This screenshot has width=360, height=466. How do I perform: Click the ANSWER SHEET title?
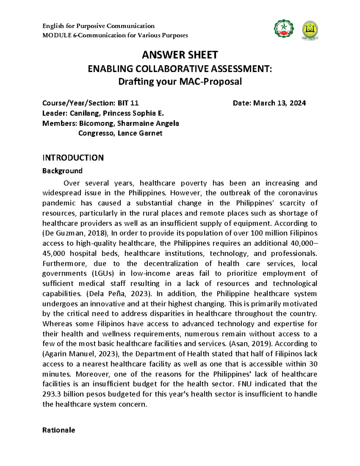pyautogui.click(x=180, y=55)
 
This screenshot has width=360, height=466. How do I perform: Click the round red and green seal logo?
pyautogui.click(x=284, y=29)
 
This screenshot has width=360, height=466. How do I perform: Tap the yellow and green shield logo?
pyautogui.click(x=310, y=30)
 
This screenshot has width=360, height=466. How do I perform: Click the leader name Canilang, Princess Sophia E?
pyautogui.click(x=117, y=113)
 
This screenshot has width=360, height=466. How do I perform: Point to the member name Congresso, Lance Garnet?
pyautogui.click(x=120, y=133)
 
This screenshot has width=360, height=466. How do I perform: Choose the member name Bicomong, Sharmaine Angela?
pyautogui.click(x=129, y=123)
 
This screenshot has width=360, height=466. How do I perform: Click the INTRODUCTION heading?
pyautogui.click(x=73, y=158)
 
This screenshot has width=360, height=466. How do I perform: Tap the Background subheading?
pyautogui.click(x=62, y=171)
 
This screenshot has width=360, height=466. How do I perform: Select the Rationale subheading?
pyautogui.click(x=58, y=430)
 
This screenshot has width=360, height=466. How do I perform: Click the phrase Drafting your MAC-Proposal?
pyautogui.click(x=180, y=82)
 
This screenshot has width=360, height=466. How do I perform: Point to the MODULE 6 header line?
pyautogui.click(x=115, y=35)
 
